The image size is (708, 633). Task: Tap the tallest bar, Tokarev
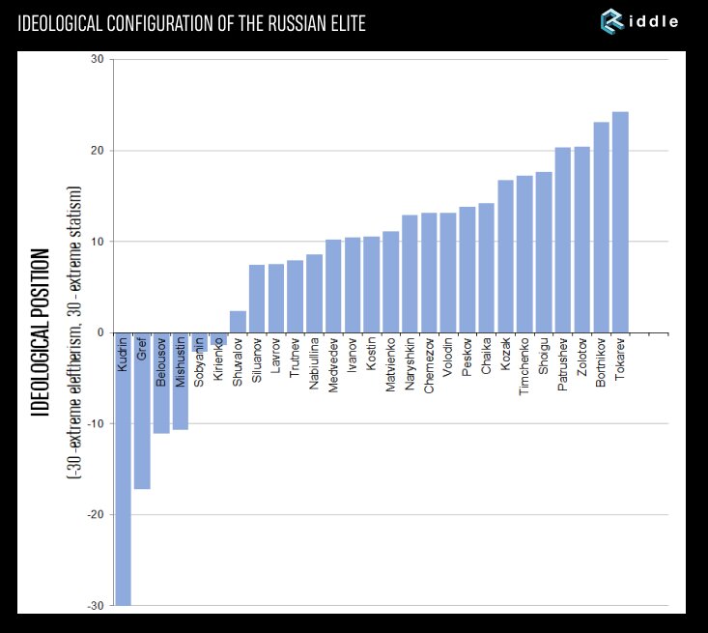620,222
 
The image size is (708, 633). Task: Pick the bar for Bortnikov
601,227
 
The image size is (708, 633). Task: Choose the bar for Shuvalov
238,322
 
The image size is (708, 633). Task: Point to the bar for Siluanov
257,299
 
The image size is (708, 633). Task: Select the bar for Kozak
505,256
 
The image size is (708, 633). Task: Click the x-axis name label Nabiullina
315,363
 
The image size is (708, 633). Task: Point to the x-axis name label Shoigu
545,355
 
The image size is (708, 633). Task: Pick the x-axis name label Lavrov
276,355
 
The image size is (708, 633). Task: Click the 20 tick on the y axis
97,151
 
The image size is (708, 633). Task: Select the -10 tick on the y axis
95,424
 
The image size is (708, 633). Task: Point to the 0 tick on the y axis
100,333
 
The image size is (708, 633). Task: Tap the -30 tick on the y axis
95,606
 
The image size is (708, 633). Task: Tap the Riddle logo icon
612,21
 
